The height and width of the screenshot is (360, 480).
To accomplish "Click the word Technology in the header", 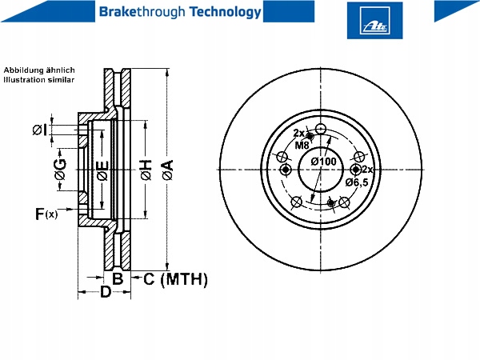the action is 225,12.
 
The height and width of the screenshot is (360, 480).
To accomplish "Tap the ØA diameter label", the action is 168,170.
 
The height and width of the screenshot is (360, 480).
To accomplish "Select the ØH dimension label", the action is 146,170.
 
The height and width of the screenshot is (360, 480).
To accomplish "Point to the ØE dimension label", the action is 102,170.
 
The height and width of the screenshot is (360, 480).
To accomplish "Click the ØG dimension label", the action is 60,169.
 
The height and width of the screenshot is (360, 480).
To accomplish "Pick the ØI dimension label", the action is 40,130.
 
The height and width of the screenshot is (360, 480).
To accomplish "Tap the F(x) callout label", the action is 46,214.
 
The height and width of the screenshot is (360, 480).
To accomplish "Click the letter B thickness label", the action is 118,278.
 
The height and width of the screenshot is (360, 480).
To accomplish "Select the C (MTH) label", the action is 175,279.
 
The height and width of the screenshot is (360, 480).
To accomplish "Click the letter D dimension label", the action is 106,291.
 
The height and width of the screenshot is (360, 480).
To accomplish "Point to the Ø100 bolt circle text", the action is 323,162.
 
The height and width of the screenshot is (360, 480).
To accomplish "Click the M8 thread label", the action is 302,145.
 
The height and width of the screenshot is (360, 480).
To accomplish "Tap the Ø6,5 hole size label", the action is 357,182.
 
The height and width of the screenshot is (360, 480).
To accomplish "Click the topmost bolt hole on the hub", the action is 321,129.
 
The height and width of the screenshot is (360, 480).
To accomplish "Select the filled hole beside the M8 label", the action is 310,136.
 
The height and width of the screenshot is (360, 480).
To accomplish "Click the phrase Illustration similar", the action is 39,80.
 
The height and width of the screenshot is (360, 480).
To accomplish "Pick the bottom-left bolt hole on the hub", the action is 296,202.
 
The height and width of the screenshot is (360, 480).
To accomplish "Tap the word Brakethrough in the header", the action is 142,12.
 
